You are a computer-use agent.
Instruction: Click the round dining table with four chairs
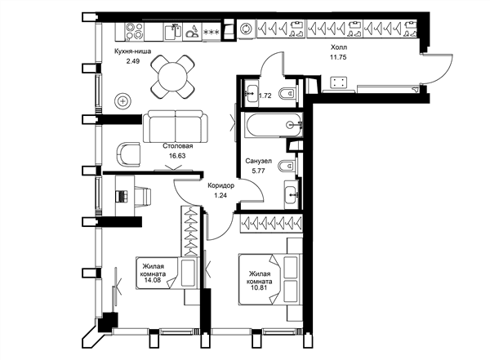tap(173, 77)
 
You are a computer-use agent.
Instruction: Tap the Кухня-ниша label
tap(133, 51)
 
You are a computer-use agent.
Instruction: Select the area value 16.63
tap(177, 156)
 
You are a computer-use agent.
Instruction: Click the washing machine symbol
tap(247, 29)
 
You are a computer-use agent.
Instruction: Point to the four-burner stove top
tap(135, 32)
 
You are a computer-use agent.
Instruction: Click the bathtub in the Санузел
tap(274, 125)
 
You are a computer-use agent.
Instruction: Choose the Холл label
tap(339, 47)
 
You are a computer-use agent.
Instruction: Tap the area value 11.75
tap(338, 57)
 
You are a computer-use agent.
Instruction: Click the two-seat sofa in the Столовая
tap(176, 126)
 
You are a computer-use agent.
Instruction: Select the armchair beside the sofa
tap(129, 153)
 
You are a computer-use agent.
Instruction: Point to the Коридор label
tap(221, 186)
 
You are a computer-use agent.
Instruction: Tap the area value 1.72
tap(265, 96)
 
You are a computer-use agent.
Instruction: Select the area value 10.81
tap(259, 287)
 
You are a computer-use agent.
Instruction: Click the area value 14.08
tap(153, 280)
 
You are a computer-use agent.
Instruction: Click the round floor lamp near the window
tap(123, 101)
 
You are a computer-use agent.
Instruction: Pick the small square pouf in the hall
tap(339, 82)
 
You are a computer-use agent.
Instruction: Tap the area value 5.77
tap(258, 171)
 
